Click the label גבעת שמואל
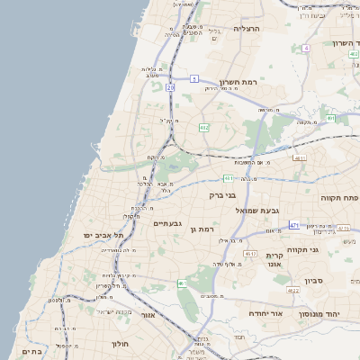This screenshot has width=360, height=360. [x=254, y=210]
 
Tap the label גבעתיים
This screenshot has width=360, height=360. [x=168, y=223]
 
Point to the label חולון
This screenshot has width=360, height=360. [x=121, y=344]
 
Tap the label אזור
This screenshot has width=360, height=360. [x=148, y=315]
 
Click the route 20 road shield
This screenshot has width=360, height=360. [x=169, y=87]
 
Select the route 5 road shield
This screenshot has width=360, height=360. [x=193, y=79]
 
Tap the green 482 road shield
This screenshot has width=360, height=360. [x=204, y=127]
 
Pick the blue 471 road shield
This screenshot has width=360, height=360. [x=294, y=224]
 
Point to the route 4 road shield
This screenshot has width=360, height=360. [x=306, y=48]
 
